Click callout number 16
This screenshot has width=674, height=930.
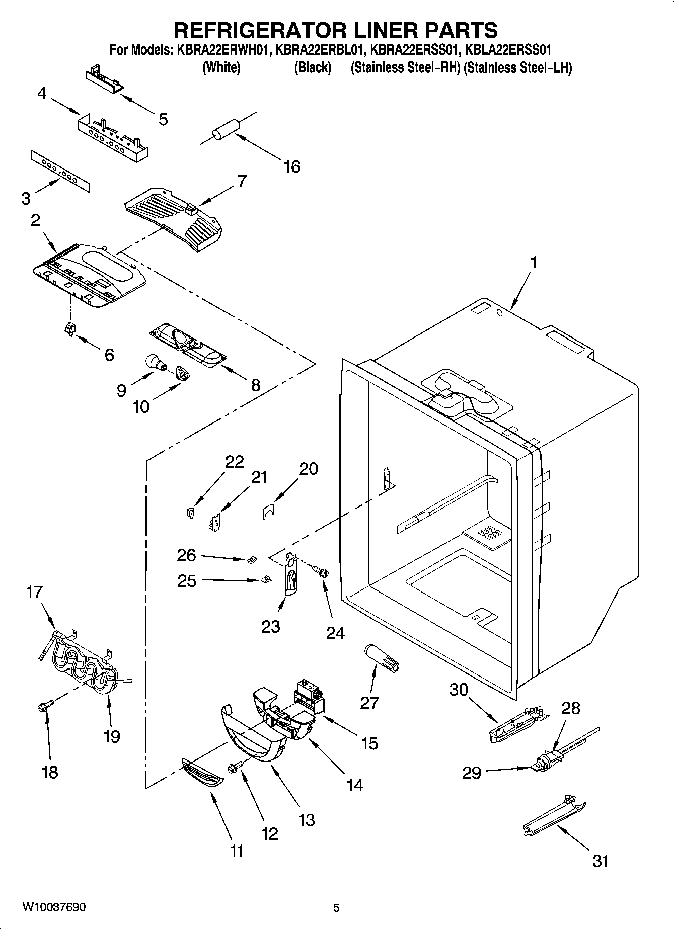click(292, 166)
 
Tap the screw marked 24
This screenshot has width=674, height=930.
click(321, 571)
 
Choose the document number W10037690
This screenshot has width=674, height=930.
click(54, 907)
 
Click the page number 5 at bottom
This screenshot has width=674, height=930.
click(337, 908)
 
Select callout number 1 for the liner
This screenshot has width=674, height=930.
click(534, 263)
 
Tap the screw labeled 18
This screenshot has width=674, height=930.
click(43, 707)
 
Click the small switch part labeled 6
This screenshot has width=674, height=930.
click(70, 330)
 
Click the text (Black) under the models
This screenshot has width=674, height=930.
click(313, 67)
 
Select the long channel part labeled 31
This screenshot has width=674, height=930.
click(554, 816)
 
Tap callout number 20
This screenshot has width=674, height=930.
click(309, 469)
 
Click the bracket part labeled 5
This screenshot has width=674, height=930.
click(104, 81)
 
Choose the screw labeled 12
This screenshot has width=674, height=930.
click(235, 768)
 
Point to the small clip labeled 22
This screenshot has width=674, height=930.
click(189, 513)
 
